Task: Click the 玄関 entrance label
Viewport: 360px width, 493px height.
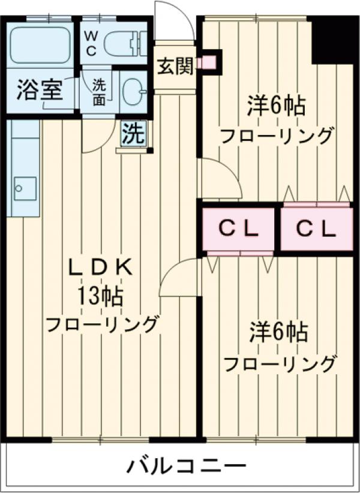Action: [175, 66]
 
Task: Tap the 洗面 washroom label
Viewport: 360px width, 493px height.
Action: [99, 94]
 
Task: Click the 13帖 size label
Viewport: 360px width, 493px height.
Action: [100, 296]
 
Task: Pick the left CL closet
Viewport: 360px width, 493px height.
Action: [238, 229]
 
